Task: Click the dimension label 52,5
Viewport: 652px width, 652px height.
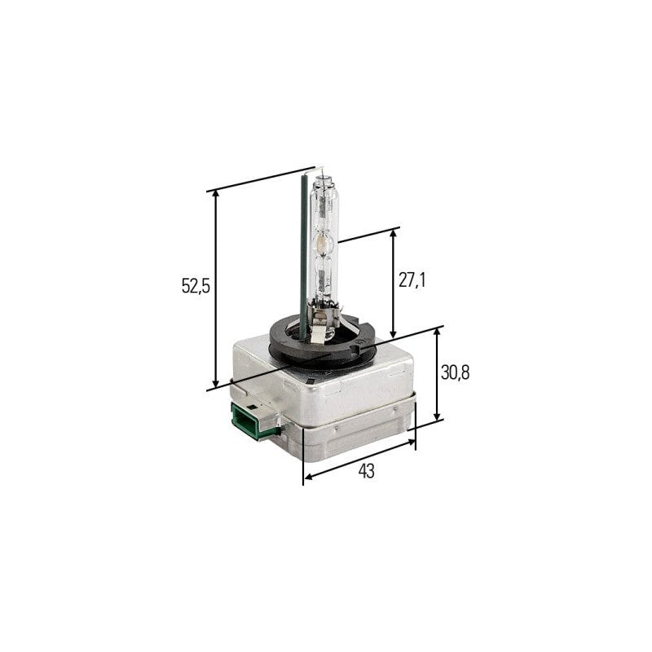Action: click(196, 286)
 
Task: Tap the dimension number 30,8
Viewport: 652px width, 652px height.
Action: click(456, 372)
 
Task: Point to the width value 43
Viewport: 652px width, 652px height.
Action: click(366, 471)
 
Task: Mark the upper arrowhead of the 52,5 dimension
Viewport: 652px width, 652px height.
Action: click(215, 196)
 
